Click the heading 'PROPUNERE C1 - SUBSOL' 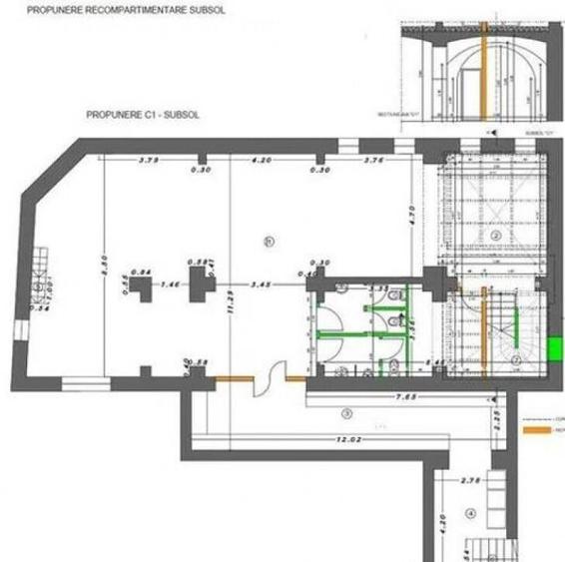coord(143,115)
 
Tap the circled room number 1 coord(268,241)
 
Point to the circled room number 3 coord(346,412)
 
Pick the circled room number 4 coord(472,514)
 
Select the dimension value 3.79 coord(150,160)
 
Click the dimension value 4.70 coord(410,213)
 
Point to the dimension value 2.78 coord(474,481)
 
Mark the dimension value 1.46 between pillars coord(169,285)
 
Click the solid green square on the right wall coord(555,348)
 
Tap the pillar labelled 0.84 coord(143,289)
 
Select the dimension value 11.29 coord(232,297)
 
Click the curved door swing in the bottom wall coord(267,382)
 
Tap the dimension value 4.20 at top coord(263,160)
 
